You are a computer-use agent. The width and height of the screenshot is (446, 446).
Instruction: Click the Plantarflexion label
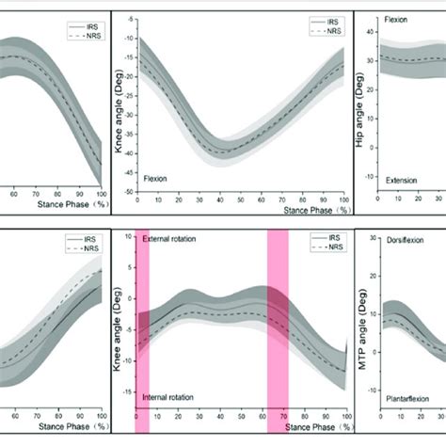[410, 399]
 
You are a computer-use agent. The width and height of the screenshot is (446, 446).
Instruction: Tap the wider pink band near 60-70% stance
[278, 329]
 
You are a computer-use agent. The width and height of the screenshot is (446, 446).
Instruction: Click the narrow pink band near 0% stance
[142, 329]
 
